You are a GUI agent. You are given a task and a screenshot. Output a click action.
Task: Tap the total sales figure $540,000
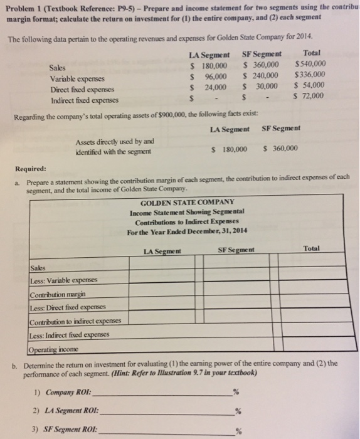tap(310, 65)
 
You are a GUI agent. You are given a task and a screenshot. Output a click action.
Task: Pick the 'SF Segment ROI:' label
tap(66, 431)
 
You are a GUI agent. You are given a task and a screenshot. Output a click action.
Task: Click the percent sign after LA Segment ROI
tap(237, 412)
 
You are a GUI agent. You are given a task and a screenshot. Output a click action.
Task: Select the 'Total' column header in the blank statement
tap(311, 249)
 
